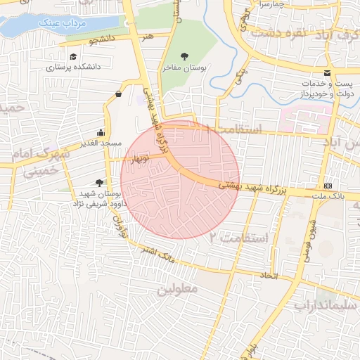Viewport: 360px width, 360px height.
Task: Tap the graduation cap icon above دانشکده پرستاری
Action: tap(73, 57)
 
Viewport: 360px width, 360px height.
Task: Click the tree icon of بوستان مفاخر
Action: tap(185, 56)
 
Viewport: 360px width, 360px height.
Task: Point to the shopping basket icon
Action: tap(118, 93)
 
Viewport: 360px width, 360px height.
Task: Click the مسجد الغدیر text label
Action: tap(102, 143)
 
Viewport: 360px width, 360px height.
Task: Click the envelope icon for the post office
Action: tap(327, 73)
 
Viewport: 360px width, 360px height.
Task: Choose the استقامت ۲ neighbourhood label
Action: tap(239, 238)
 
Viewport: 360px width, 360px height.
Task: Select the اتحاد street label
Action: tap(269, 274)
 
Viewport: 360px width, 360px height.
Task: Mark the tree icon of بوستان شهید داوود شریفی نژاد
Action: tap(98, 183)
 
